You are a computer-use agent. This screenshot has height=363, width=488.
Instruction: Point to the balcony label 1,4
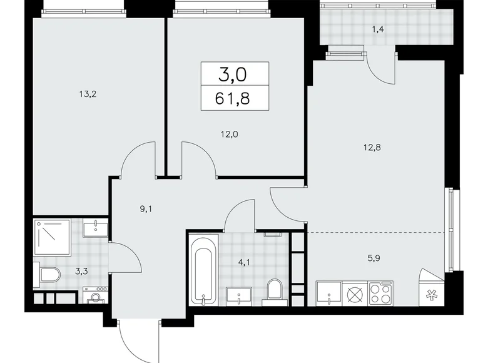379,29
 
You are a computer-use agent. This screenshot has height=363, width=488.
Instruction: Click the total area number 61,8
233,98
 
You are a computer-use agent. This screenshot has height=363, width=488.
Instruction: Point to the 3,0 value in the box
233,75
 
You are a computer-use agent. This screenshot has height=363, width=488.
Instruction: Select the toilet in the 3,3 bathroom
48,275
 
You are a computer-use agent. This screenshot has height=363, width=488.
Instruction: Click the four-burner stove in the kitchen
381,292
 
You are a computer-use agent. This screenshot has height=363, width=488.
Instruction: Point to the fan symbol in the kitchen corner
432,292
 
